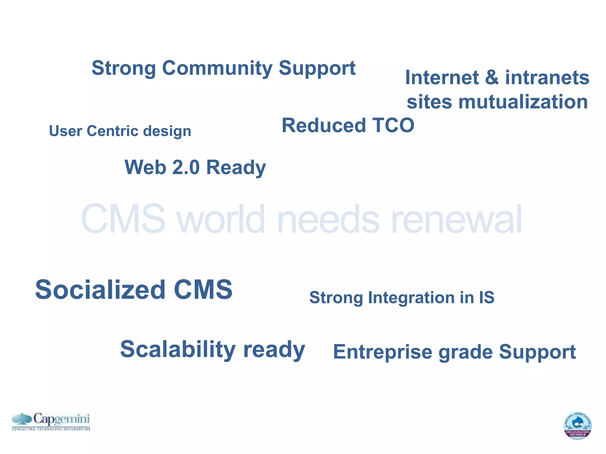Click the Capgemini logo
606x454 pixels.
(x=51, y=421)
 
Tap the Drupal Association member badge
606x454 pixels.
(x=577, y=425)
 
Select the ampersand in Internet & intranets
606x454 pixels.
(x=492, y=77)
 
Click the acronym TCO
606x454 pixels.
(x=393, y=125)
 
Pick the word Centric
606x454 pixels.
(x=112, y=131)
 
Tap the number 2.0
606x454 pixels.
(x=186, y=167)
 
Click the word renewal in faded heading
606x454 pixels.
(x=456, y=219)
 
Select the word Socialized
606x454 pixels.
(x=100, y=290)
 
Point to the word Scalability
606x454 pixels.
(x=178, y=349)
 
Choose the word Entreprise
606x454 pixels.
(x=382, y=352)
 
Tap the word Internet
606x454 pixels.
(x=442, y=77)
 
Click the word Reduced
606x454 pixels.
(x=324, y=125)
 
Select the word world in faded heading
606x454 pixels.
(x=221, y=219)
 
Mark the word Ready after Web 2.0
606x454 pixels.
(x=236, y=168)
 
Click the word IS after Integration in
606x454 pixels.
(x=486, y=297)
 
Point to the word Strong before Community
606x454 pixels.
(x=124, y=68)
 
